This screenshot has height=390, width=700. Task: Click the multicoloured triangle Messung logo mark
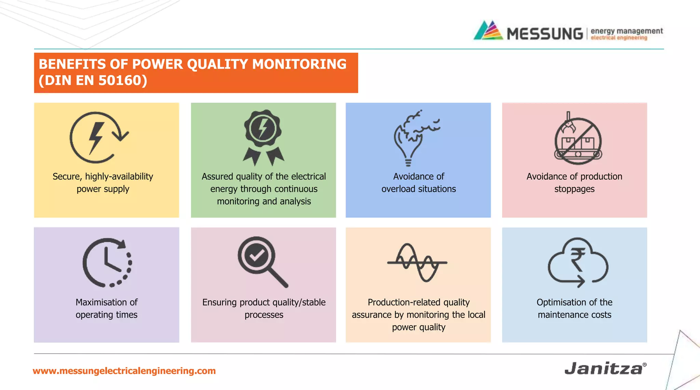pyautogui.click(x=488, y=31)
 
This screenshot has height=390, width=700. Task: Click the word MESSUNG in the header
pyautogui.click(x=544, y=34)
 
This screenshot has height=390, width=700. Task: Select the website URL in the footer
pyautogui.click(x=124, y=371)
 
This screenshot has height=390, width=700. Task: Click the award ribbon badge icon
pyautogui.click(x=263, y=137)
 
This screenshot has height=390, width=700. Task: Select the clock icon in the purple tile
pyautogui.click(x=107, y=263)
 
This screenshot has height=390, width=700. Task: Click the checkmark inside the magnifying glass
pyautogui.click(x=257, y=255)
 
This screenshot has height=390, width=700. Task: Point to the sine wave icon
pyautogui.click(x=417, y=263)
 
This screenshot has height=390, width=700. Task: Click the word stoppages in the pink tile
pyautogui.click(x=574, y=189)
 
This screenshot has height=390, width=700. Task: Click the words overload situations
pyautogui.click(x=418, y=189)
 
